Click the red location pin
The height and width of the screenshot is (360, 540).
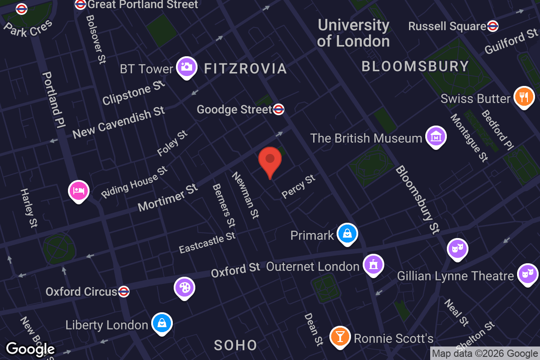point(270,160)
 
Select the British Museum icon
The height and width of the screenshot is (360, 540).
point(436,136)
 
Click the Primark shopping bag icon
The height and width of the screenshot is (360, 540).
point(347,234)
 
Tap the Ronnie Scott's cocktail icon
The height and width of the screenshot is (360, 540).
point(340,336)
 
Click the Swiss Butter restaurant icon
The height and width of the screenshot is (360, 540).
point(523,96)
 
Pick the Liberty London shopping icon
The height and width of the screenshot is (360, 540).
point(162,323)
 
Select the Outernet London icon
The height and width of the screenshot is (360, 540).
point(373,265)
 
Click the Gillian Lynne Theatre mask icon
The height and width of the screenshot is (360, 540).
point(527,274)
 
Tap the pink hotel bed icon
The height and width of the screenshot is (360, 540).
point(79,191)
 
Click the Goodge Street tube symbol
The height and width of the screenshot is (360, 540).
point(279,109)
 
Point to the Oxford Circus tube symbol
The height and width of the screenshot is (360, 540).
point(124,292)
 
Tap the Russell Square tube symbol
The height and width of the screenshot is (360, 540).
point(493,26)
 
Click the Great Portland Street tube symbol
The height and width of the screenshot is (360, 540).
point(81,4)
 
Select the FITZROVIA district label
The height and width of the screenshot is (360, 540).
point(245,68)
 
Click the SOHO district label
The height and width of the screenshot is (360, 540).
point(235,345)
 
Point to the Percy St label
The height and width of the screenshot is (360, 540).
point(298,187)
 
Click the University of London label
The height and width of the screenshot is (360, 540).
point(353,33)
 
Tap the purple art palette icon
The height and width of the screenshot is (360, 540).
point(184,287)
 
